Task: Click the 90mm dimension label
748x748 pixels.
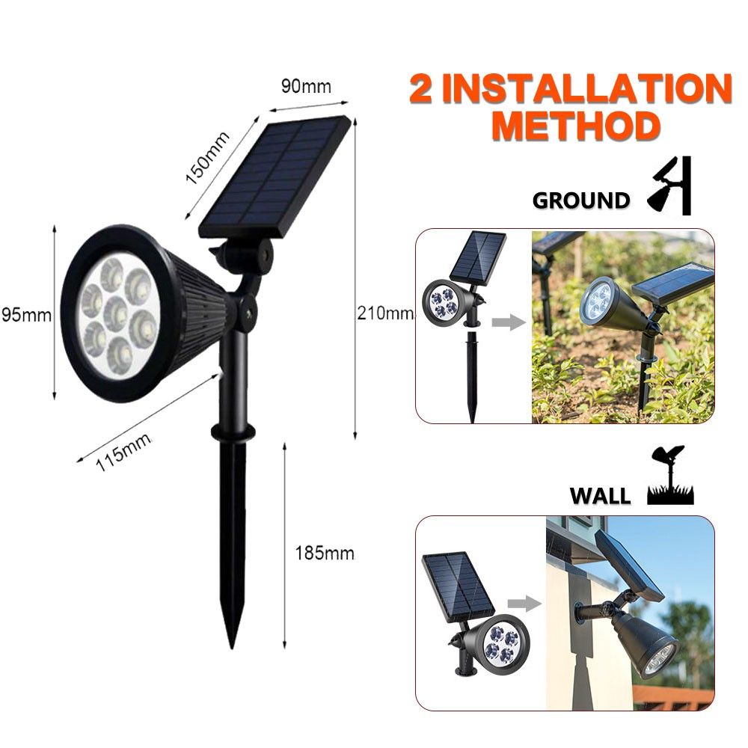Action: (x=306, y=86)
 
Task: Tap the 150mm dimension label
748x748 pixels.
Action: (x=207, y=157)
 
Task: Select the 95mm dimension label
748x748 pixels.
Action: (x=26, y=315)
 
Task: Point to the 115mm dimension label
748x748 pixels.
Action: (x=123, y=451)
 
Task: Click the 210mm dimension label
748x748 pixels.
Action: (x=385, y=313)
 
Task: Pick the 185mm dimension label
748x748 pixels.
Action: (x=325, y=554)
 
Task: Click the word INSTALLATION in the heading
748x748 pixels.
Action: (x=587, y=88)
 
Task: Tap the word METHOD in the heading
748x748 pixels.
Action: (x=576, y=126)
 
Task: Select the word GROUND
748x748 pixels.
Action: (x=581, y=200)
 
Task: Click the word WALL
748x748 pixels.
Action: (x=600, y=496)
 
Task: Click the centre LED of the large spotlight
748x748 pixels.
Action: (x=116, y=313)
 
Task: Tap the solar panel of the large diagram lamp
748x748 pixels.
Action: (x=275, y=177)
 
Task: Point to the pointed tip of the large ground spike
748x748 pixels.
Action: (x=232, y=648)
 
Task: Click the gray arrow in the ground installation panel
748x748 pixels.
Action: (x=509, y=322)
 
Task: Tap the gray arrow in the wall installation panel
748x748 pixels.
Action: (x=524, y=604)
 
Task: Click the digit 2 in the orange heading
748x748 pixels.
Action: (x=421, y=89)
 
